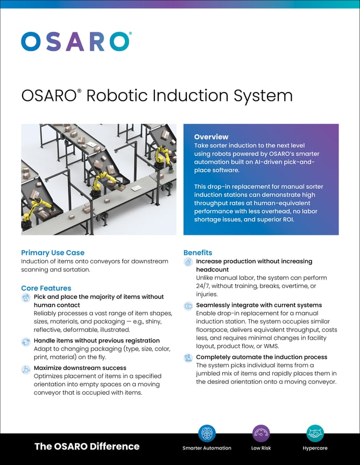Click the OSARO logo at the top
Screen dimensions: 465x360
pyautogui.click(x=76, y=41)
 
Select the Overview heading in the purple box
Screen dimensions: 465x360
pyautogui.click(x=211, y=137)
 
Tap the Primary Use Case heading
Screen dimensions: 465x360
pyautogui.click(x=53, y=253)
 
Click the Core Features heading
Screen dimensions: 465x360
pyautogui.click(x=46, y=288)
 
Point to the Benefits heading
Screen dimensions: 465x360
pyautogui.click(x=198, y=253)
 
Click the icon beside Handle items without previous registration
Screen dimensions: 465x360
pyautogui.click(x=26, y=341)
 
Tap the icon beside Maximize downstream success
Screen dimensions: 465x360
pyautogui.click(x=26, y=369)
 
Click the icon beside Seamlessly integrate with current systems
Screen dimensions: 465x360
pyautogui.click(x=188, y=306)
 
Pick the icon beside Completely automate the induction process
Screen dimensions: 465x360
pyautogui.click(x=188, y=357)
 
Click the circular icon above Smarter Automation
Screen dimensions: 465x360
pyautogui.click(x=207, y=433)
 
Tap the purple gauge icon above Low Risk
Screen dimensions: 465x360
pyautogui.click(x=261, y=433)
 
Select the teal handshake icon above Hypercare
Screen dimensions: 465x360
pyautogui.click(x=315, y=433)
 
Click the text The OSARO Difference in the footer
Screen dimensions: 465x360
pyautogui.click(x=87, y=446)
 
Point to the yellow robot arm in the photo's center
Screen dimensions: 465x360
pyautogui.click(x=97, y=185)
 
